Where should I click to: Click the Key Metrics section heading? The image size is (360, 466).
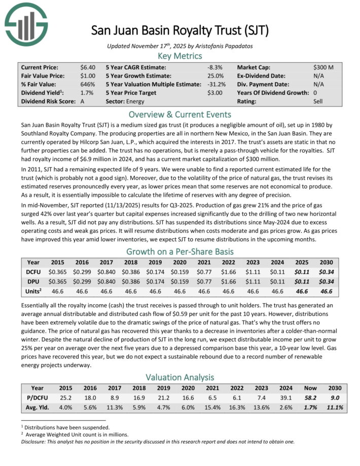[179, 56]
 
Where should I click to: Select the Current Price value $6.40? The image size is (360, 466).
[87, 67]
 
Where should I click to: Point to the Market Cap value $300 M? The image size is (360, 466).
[323, 67]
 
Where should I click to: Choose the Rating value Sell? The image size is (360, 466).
[318, 101]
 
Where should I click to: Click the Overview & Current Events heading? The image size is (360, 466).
[179, 114]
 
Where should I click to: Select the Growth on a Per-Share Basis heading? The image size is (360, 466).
[179, 252]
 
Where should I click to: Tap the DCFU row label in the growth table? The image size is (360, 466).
[33, 272]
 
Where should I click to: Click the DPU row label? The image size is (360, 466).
[33, 281]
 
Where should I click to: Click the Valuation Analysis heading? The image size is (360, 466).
[179, 377]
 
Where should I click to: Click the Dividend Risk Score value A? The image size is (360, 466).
[84, 101]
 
